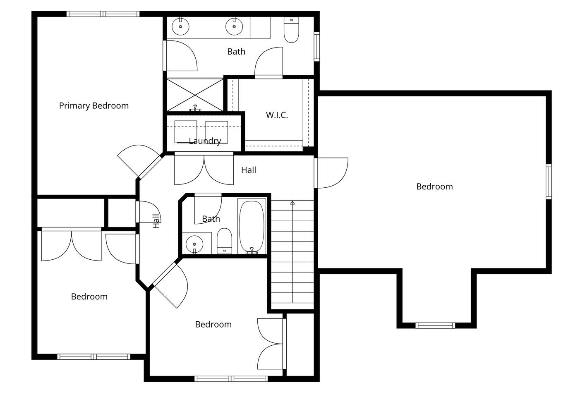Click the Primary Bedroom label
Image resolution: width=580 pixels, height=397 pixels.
[x=94, y=106]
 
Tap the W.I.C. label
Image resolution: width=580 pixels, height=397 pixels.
[x=277, y=115]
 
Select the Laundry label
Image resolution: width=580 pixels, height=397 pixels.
[x=205, y=141]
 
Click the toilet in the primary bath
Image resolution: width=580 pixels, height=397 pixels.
[x=291, y=30]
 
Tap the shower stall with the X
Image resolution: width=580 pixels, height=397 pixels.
[x=195, y=95]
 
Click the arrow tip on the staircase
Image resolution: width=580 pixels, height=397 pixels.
[x=292, y=201]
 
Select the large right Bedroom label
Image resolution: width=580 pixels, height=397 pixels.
[x=434, y=187]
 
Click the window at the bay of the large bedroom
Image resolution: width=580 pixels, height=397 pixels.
[x=435, y=325]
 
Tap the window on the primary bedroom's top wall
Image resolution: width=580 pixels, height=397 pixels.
[x=103, y=14]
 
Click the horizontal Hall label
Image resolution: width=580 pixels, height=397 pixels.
[x=249, y=170]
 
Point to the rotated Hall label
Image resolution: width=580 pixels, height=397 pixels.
[x=156, y=221]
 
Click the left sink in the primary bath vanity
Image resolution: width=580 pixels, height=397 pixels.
[x=180, y=26]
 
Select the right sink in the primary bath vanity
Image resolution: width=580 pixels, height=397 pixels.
[x=234, y=26]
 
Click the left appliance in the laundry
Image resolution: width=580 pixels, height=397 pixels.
[x=186, y=132]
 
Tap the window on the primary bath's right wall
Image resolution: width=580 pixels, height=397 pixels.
[x=316, y=47]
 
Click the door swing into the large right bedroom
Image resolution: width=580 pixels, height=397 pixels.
[x=331, y=172]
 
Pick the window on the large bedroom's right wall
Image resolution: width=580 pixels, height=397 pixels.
[x=549, y=182]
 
